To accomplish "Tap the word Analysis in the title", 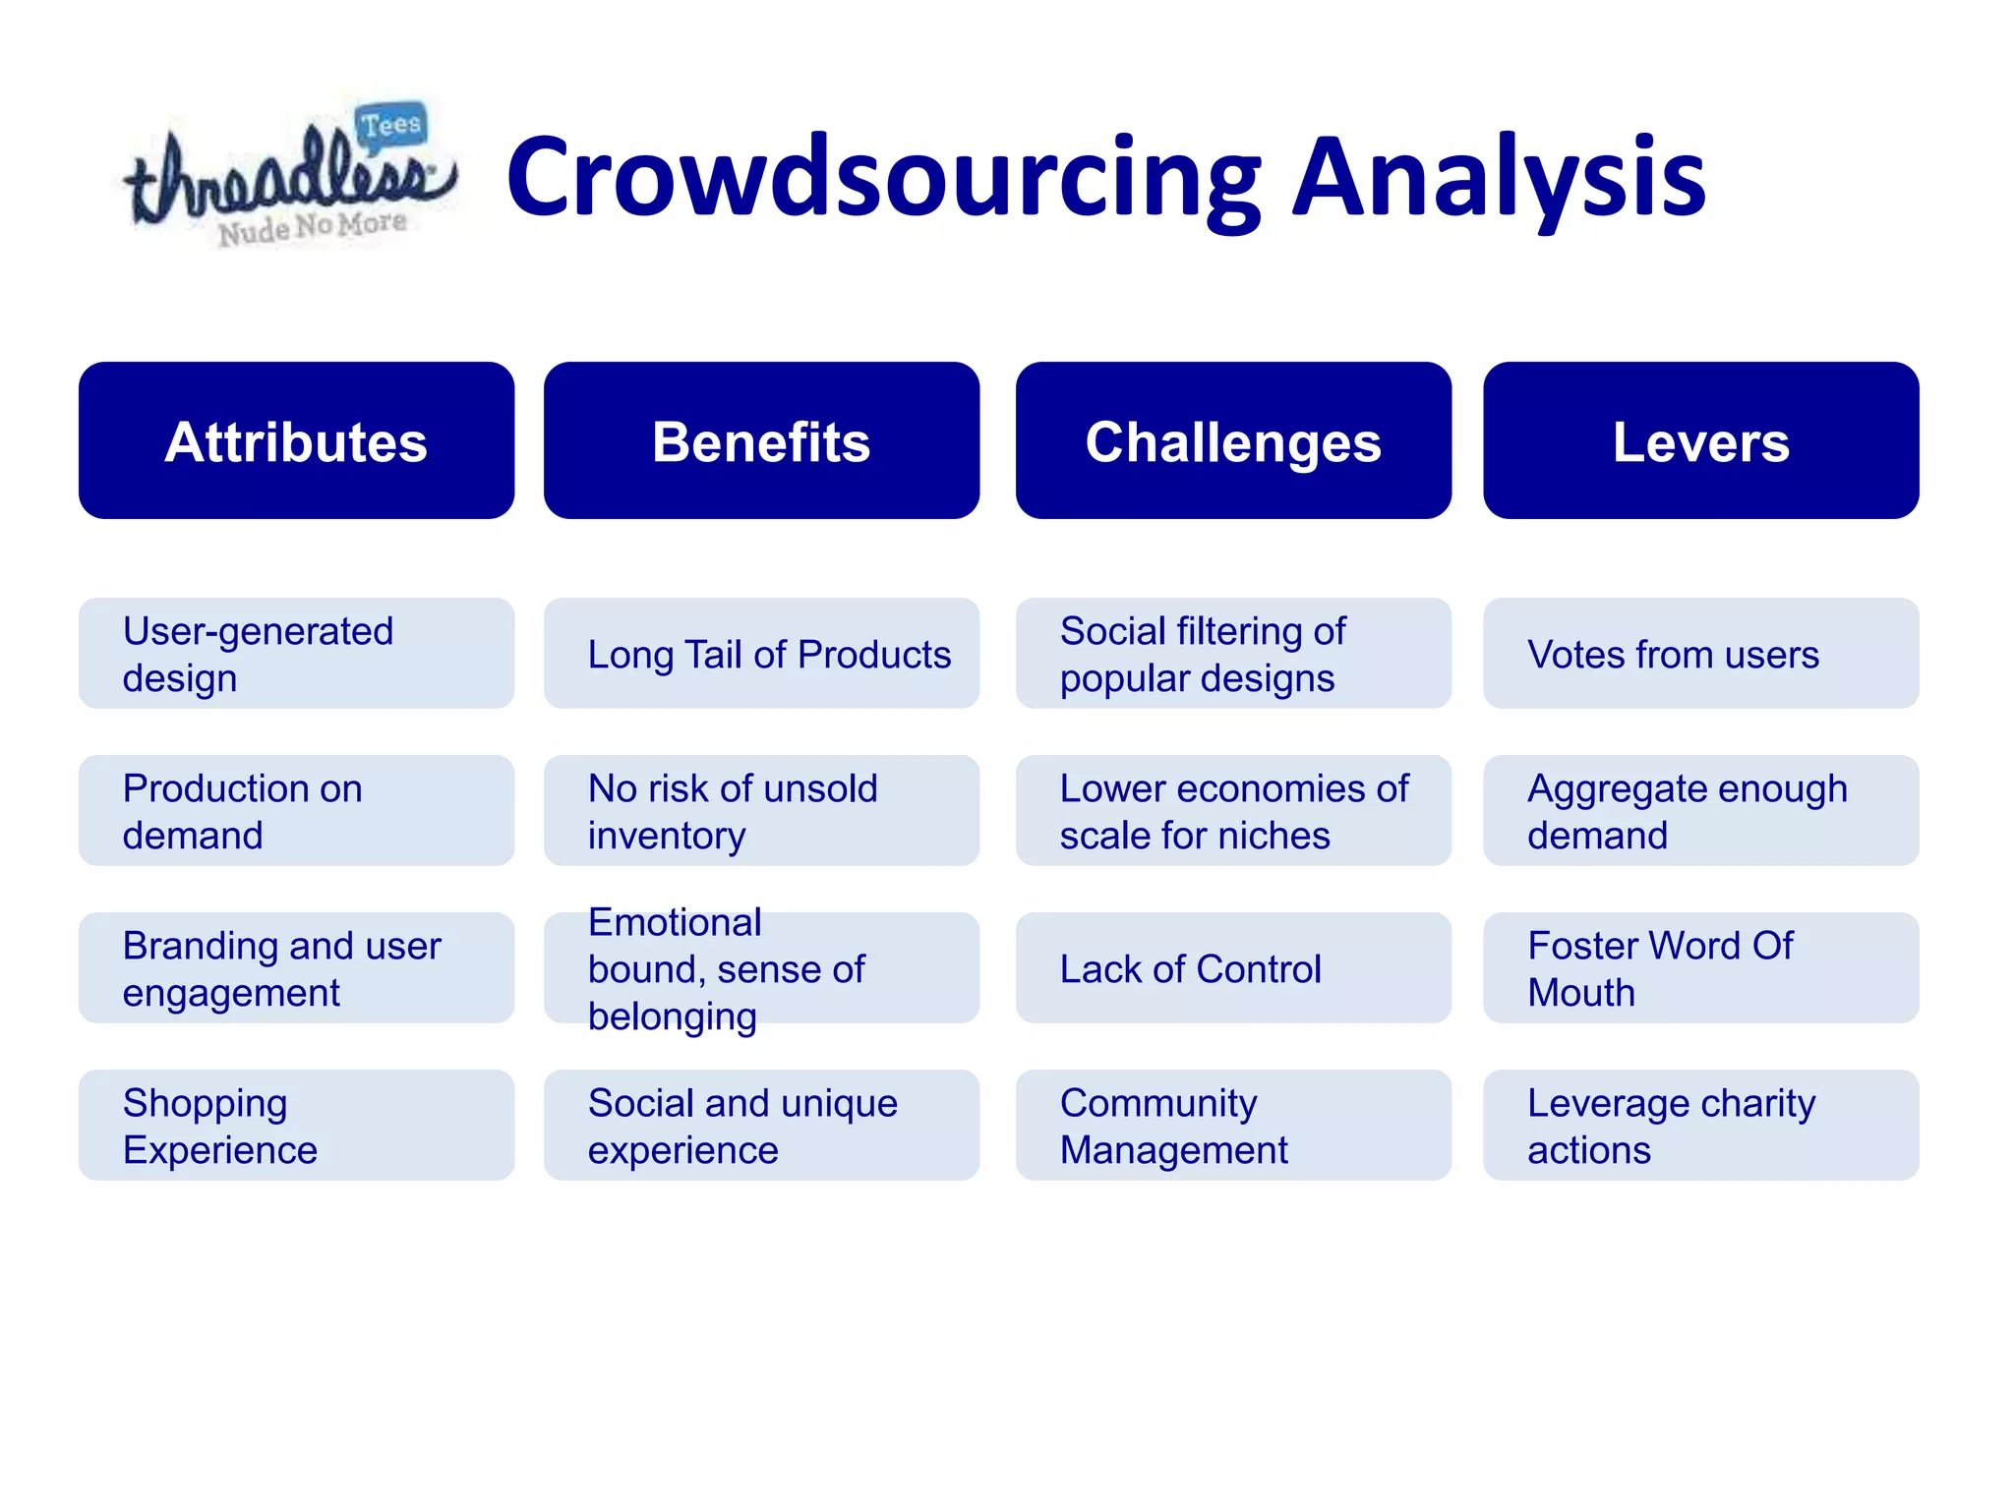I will pyautogui.click(x=1499, y=178).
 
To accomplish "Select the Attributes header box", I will pyautogui.click(x=296, y=440).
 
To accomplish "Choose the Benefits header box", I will pyautogui.click(x=761, y=440).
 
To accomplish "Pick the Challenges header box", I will pyautogui.click(x=1233, y=440).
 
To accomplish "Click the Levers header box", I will pyautogui.click(x=1700, y=440).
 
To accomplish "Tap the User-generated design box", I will pyautogui.click(x=296, y=654).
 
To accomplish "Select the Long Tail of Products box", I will pyautogui.click(x=761, y=654).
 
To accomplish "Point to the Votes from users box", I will pyautogui.click(x=1700, y=654).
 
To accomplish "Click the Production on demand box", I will pyautogui.click(x=296, y=811).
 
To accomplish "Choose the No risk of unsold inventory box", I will pyautogui.click(x=761, y=811).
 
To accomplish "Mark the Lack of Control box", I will pyautogui.click(x=1233, y=968).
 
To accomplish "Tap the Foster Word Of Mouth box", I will pyautogui.click(x=1700, y=968).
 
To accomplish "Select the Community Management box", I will pyautogui.click(x=1233, y=1126).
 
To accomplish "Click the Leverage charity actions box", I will pyautogui.click(x=1700, y=1126).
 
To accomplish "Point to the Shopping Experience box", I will pyautogui.click(x=296, y=1126).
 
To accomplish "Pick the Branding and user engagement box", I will pyautogui.click(x=296, y=968).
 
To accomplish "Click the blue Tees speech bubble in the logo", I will pyautogui.click(x=390, y=126).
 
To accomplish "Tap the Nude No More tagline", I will pyautogui.click(x=312, y=228).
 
